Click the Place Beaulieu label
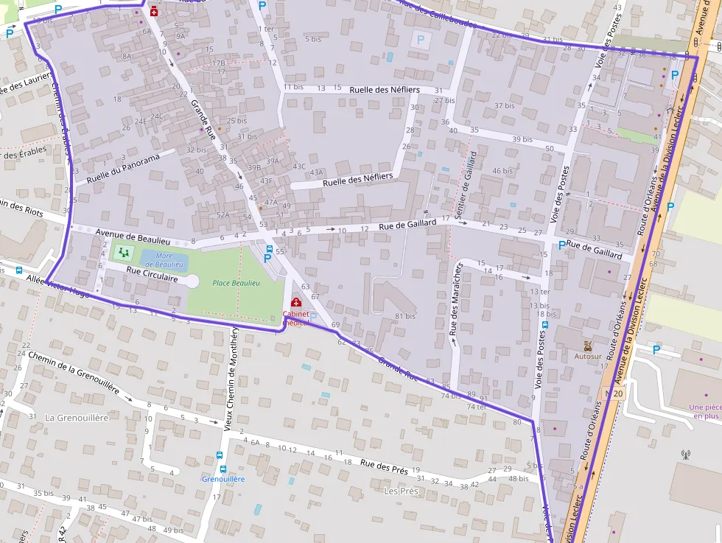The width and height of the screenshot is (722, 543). coord(236,283)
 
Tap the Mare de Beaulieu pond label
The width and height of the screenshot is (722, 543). coord(169,259)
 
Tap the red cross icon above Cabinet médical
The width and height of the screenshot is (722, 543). coord(296,303)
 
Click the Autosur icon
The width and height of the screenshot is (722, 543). coord(587,346)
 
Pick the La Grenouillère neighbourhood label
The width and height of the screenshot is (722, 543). coord(77,418)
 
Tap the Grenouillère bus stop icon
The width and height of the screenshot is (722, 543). coord(220,457)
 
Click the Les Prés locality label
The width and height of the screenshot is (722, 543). coord(401,491)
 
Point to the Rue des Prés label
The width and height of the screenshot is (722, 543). coord(384,465)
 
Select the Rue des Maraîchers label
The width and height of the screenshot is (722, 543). coord(455,304)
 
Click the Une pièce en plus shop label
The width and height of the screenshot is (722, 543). coord(704,411)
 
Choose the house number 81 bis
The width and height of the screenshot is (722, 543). coord(404,316)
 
